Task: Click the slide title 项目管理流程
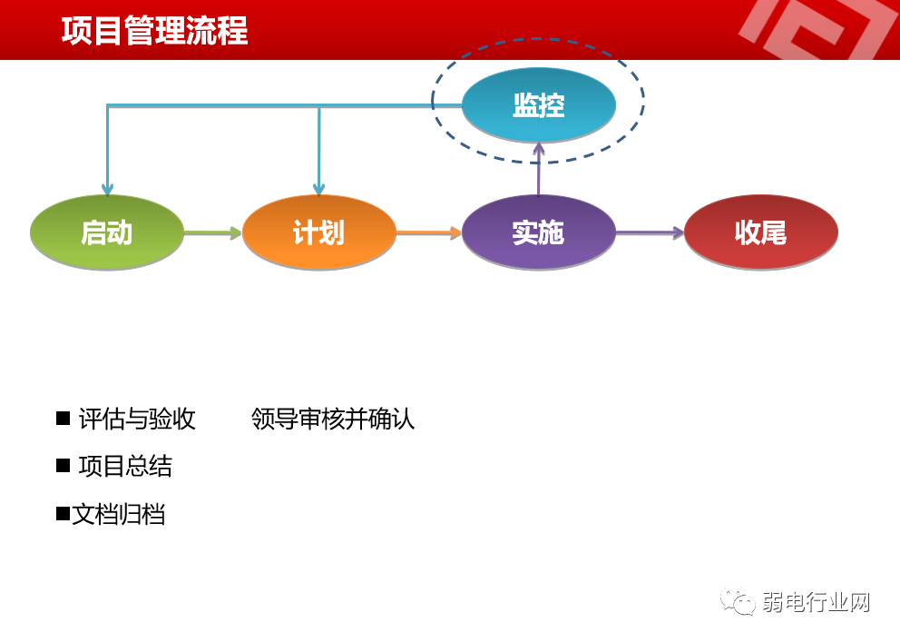[x=154, y=31]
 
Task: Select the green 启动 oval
[x=107, y=232]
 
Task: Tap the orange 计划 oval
[x=319, y=232]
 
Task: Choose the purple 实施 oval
[x=538, y=232]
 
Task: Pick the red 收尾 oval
[x=760, y=232]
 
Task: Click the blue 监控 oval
[x=538, y=105]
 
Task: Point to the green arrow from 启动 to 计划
[x=212, y=233]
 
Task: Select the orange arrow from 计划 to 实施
[x=428, y=233]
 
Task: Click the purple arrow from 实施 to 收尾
[x=649, y=233]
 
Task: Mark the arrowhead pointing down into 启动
[x=107, y=190]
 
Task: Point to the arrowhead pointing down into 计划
[x=319, y=190]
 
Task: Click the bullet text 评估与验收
[x=137, y=419]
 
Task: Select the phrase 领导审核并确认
[x=333, y=419]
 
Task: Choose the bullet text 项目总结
[x=125, y=466]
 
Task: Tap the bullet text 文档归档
[x=119, y=515]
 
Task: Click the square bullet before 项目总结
[x=63, y=465]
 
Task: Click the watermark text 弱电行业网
[x=816, y=602]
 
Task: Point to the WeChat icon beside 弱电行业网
[x=738, y=601]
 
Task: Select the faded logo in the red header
[x=817, y=29]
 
